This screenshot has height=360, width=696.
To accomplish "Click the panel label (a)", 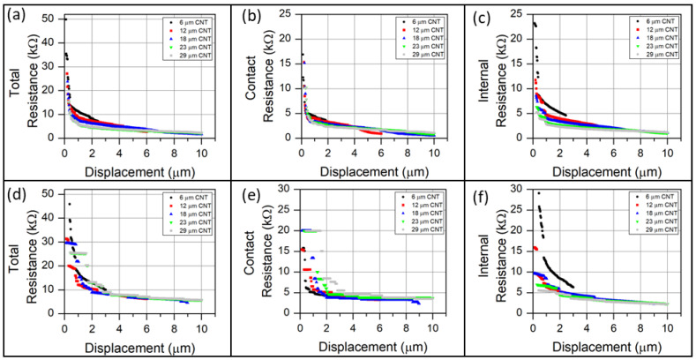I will coord(14,15).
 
